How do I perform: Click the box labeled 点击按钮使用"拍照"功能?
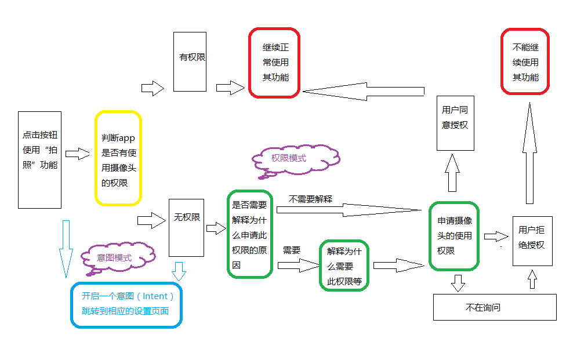click(x=39, y=159)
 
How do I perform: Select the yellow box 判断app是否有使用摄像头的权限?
click(x=118, y=158)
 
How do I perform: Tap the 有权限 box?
click(x=190, y=61)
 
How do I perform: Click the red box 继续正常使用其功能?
click(x=274, y=62)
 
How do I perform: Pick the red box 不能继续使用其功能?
click(x=525, y=61)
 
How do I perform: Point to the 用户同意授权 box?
click(x=455, y=123)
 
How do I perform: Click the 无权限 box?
click(x=186, y=227)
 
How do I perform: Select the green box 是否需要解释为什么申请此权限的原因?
click(x=249, y=234)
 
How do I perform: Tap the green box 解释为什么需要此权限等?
click(x=344, y=265)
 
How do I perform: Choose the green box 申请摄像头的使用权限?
click(x=454, y=235)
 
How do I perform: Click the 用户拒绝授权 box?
click(x=532, y=241)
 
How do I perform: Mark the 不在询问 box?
click(x=494, y=307)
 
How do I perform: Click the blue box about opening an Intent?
click(x=126, y=304)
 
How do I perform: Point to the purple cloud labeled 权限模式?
click(x=295, y=158)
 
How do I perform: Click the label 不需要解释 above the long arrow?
click(x=310, y=199)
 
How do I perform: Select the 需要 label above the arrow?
click(x=291, y=250)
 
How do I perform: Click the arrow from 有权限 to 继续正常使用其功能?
click(x=230, y=88)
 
